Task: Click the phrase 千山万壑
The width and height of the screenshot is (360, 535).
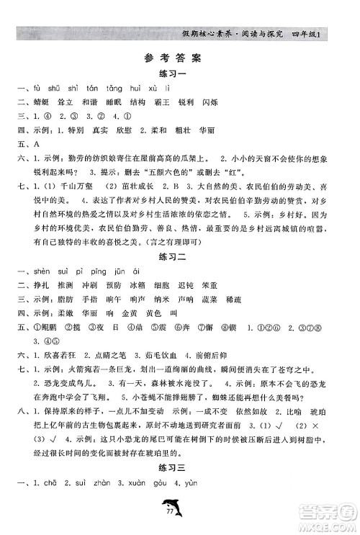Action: tap(71, 186)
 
